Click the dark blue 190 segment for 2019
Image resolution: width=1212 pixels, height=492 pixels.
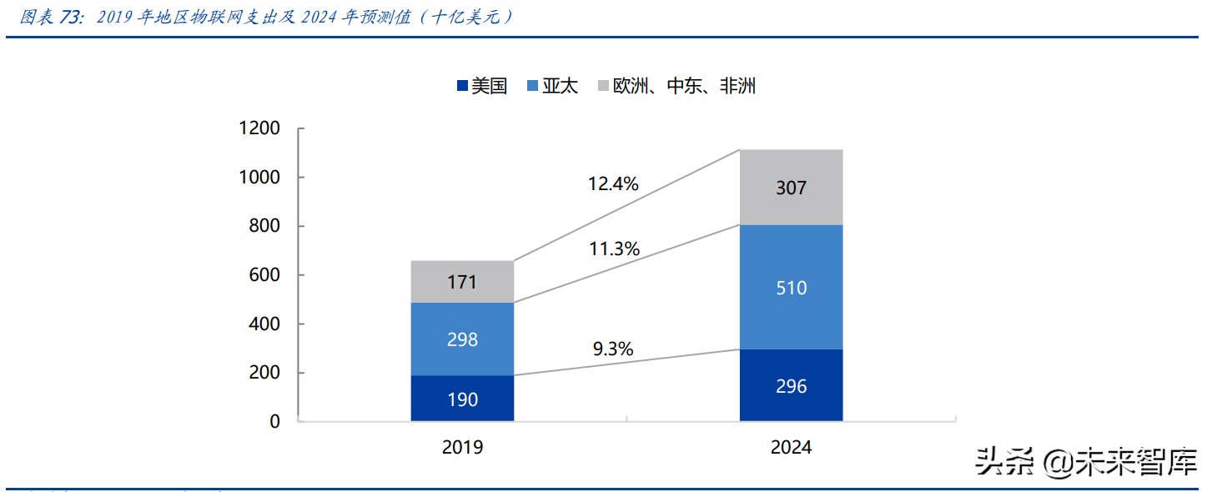(462, 399)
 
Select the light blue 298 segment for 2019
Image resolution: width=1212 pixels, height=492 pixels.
(462, 339)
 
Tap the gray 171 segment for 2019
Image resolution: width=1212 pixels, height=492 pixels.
(462, 282)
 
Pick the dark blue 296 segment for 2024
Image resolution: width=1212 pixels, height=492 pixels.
(791, 385)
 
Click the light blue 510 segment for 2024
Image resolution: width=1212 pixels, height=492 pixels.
(791, 288)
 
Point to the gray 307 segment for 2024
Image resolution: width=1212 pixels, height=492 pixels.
(791, 188)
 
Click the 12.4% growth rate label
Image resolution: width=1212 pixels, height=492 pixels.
(613, 183)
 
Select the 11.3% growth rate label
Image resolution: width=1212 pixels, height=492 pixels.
(613, 248)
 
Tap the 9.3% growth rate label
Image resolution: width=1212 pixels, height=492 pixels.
(613, 349)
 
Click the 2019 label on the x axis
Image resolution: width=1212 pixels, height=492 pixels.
(462, 448)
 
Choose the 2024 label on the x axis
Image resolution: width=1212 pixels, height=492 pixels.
(791, 448)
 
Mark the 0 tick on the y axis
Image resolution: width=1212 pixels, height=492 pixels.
(274, 422)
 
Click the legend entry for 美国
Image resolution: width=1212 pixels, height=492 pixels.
(481, 86)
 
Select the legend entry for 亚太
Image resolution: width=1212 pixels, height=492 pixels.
(552, 86)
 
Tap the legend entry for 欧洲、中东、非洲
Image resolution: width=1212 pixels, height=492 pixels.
(676, 86)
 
